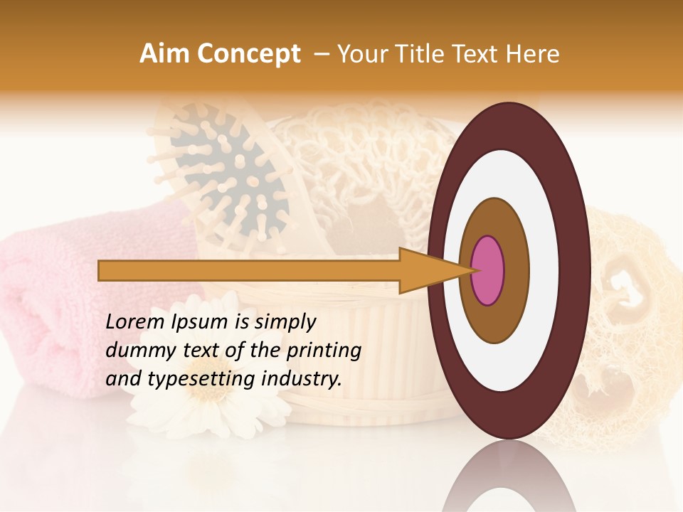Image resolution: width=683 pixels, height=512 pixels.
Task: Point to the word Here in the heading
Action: tap(533, 54)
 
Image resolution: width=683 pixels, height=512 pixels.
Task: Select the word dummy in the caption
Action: tap(134, 351)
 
